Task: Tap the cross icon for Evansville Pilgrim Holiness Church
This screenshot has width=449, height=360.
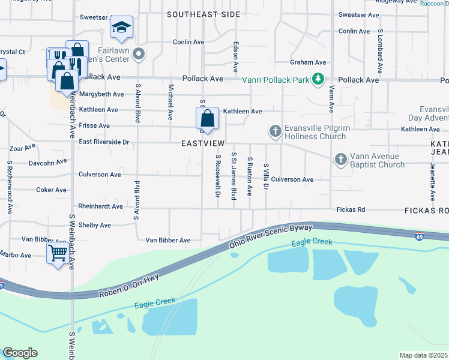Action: tap(275, 131)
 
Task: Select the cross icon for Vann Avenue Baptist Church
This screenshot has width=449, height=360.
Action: tap(341, 159)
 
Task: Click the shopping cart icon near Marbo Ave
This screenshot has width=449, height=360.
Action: tap(57, 253)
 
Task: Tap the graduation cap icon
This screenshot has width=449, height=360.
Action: tap(121, 27)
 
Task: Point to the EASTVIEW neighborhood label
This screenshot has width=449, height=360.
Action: tap(203, 144)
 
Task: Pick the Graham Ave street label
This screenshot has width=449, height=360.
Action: tap(308, 62)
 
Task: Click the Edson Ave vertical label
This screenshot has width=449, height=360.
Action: tap(236, 58)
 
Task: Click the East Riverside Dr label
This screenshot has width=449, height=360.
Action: tap(104, 142)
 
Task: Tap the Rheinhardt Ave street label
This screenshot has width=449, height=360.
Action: tap(100, 206)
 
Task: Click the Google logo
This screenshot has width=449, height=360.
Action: tap(20, 353)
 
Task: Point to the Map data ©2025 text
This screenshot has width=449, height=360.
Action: tap(423, 355)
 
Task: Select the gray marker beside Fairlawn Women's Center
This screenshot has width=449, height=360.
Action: tap(139, 55)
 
